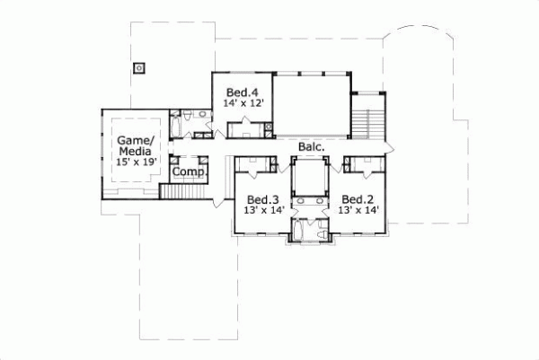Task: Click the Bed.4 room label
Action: [x=241, y=92]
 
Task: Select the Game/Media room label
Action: [x=136, y=146]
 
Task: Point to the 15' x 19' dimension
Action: [x=136, y=162]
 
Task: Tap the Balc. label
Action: [x=299, y=145]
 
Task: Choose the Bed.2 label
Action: [x=357, y=198]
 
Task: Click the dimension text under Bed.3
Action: [x=263, y=210]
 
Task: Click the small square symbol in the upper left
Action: [x=138, y=67]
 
